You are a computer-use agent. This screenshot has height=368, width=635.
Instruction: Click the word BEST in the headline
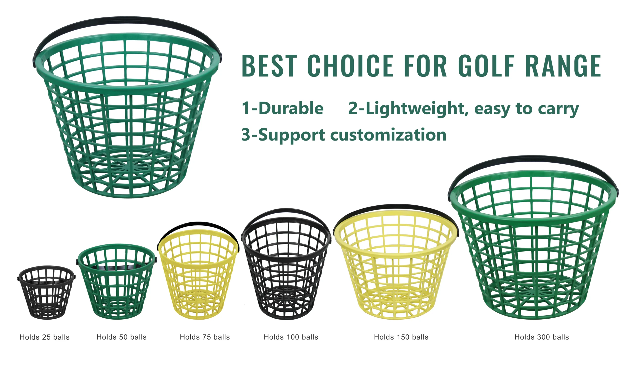click(269, 65)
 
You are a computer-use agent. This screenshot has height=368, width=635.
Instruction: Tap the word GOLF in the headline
click(486, 65)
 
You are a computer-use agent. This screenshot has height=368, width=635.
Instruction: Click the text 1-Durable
click(283, 108)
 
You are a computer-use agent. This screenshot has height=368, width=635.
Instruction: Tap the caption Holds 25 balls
click(45, 337)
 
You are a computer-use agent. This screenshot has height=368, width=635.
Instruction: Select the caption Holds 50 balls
click(122, 337)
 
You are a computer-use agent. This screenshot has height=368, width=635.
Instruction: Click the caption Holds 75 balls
click(205, 337)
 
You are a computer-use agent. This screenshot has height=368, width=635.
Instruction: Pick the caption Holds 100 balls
click(291, 337)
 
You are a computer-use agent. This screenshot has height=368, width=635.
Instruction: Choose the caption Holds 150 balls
click(401, 337)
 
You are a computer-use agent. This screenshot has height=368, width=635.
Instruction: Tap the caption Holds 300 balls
click(542, 337)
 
